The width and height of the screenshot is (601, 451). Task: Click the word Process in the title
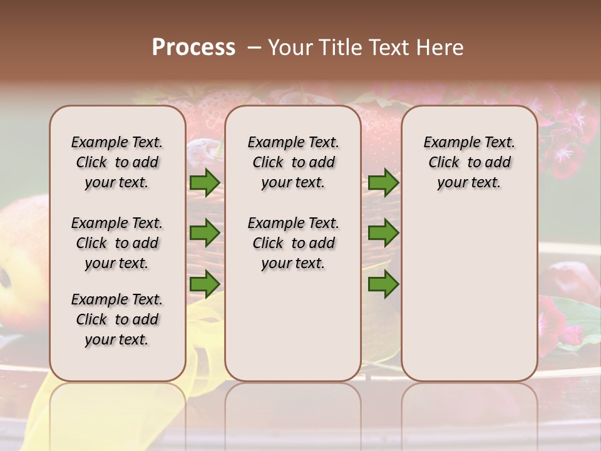193,47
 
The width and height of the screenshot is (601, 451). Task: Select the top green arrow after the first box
205,183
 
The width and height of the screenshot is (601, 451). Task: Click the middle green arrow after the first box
205,233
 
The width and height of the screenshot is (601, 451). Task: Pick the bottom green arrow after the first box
205,284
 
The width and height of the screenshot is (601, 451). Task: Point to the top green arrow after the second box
383,183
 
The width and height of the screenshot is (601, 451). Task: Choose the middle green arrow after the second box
383,233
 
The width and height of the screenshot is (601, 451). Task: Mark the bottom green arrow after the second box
383,284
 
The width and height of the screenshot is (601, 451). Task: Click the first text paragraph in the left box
117,162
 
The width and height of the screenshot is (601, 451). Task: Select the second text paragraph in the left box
117,243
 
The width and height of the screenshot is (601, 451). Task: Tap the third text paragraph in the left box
117,319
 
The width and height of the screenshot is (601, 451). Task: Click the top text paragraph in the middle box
293,162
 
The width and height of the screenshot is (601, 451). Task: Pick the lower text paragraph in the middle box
293,243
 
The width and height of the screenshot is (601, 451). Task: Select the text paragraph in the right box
469,162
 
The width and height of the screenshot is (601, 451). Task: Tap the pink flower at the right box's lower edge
553,319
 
